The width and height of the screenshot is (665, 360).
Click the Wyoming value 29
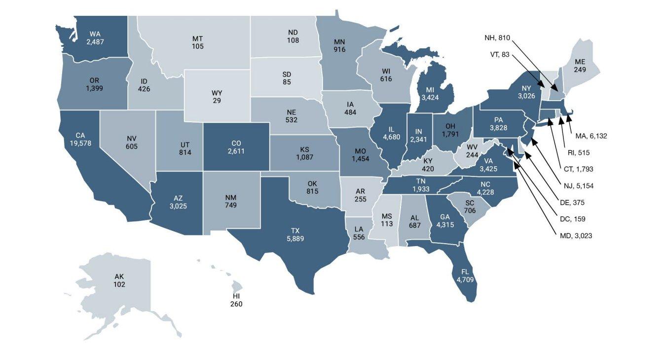click(217, 101)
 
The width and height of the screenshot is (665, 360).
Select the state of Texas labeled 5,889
click(295, 234)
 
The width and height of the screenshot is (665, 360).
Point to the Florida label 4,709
click(465, 276)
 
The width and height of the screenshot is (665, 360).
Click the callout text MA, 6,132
click(591, 136)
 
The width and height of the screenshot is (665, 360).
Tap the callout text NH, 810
click(498, 37)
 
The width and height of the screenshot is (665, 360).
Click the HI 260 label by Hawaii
click(236, 300)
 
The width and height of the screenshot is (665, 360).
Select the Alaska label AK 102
click(119, 281)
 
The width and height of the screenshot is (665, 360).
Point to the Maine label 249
click(580, 66)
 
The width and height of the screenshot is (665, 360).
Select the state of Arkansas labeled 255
click(360, 195)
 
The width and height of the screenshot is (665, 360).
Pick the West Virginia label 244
click(472, 151)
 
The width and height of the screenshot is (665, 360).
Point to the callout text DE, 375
click(572, 202)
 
